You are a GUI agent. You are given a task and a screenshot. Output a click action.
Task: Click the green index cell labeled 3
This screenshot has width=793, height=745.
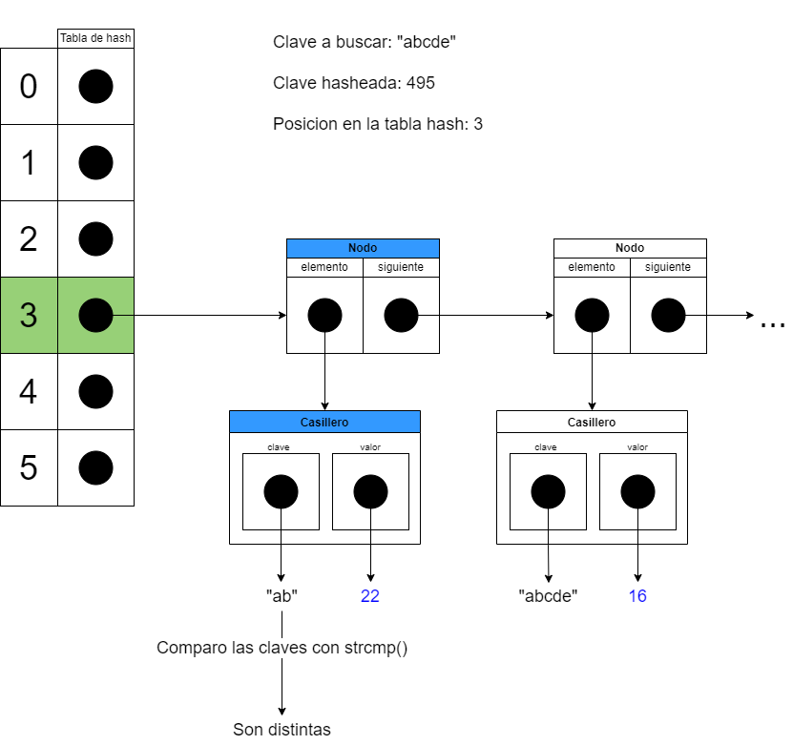[29, 315]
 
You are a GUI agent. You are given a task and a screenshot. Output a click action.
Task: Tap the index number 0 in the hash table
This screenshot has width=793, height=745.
[29, 86]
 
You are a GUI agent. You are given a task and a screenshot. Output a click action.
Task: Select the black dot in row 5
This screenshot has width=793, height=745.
[95, 467]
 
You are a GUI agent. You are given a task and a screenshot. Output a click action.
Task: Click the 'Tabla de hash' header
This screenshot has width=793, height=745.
[95, 38]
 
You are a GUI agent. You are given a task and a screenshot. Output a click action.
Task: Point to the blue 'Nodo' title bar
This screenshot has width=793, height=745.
[363, 248]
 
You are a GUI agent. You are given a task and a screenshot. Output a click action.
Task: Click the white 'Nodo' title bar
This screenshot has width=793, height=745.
[630, 248]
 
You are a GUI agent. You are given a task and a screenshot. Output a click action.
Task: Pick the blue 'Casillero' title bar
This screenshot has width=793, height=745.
[324, 422]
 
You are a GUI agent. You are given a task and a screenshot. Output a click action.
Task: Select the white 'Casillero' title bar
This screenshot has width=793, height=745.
[592, 422]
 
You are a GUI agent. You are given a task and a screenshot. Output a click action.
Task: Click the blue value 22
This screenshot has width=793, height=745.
[370, 596]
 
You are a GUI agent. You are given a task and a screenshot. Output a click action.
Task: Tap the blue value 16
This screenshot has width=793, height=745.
[637, 596]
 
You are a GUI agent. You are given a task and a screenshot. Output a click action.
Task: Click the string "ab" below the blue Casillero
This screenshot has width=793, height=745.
[282, 596]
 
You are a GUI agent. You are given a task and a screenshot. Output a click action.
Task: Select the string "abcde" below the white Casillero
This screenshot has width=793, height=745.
[548, 596]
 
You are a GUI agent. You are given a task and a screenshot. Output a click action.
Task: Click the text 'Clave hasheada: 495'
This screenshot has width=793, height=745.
[353, 83]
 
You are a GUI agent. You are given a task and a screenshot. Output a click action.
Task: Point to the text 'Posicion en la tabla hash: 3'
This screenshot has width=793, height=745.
[377, 124]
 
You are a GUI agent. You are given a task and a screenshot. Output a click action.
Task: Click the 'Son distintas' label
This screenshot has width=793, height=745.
[282, 730]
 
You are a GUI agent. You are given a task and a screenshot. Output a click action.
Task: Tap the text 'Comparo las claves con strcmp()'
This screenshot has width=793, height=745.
[282, 649]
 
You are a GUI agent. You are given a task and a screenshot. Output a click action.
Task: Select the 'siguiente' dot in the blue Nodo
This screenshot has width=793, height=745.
[401, 315]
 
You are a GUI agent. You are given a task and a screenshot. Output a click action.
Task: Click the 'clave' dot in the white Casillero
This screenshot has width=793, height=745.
[548, 492]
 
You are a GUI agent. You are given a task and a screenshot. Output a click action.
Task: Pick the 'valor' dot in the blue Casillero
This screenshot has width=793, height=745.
[370, 492]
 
